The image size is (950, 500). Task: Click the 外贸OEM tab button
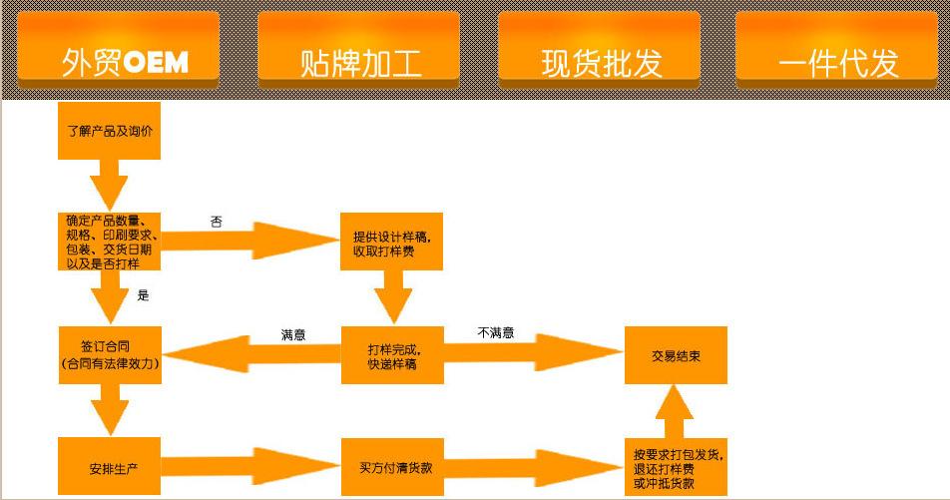point(118,50)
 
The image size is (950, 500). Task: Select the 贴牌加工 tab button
point(358,50)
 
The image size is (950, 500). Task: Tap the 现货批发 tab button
point(599,50)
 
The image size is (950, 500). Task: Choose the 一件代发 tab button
point(836,50)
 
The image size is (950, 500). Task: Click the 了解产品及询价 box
point(109,131)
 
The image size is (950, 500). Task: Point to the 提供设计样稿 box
point(391,242)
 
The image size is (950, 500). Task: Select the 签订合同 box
point(110,355)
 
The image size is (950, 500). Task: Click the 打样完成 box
point(392,355)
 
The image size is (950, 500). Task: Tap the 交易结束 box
point(677,355)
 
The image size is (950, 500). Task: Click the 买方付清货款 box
point(392,467)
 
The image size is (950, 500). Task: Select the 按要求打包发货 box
point(677,467)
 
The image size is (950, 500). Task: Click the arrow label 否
point(217,222)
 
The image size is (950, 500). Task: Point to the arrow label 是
point(143,295)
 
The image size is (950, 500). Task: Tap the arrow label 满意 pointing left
point(293,334)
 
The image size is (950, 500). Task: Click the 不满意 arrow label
point(496,332)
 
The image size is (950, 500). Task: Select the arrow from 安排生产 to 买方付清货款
point(250,466)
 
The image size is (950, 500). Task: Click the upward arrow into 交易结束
point(675,411)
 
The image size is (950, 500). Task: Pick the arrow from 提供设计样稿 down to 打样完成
point(393,297)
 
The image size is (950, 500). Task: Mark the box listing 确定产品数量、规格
point(109,242)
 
